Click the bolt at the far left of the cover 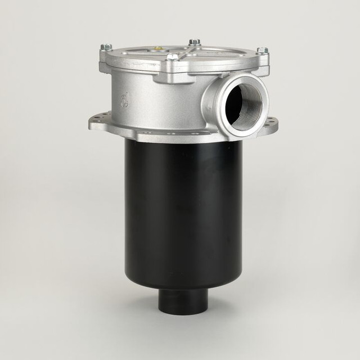[x=106, y=47]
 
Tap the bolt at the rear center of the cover [x=194, y=42]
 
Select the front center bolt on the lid [x=173, y=57]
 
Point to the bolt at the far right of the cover [x=262, y=51]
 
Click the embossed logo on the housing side [x=125, y=101]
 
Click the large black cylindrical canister [x=183, y=214]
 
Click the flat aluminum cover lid [x=186, y=56]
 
